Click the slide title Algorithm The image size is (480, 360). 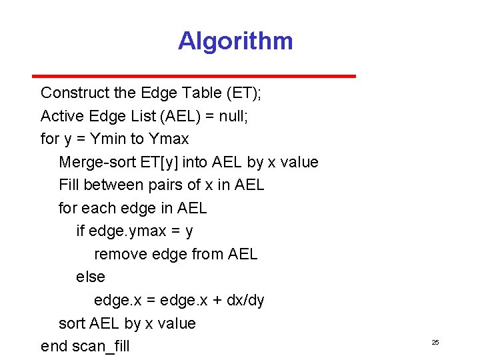(x=235, y=41)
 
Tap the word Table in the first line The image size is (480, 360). (x=204, y=93)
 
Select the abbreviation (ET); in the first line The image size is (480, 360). (x=245, y=93)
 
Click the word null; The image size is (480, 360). (x=233, y=116)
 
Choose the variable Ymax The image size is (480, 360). (x=169, y=139)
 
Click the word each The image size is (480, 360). (x=99, y=208)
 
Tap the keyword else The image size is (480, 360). (x=91, y=277)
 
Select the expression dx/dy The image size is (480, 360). (x=245, y=300)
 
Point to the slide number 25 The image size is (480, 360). (x=435, y=342)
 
